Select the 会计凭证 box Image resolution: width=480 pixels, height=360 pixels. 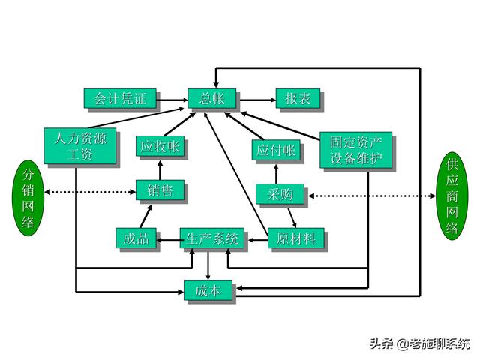click(120, 98)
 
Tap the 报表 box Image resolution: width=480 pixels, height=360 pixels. click(298, 98)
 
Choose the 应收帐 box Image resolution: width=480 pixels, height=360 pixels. click(160, 147)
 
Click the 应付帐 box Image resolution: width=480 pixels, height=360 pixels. click(275, 150)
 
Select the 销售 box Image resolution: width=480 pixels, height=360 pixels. click(160, 191)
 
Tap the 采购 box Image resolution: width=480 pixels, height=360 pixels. click(280, 194)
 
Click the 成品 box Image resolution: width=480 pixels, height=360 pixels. click(136, 239)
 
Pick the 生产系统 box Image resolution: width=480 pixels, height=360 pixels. click(212, 239)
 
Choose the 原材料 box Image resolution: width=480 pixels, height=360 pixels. click(295, 239)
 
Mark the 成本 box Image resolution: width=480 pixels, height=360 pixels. click(208, 289)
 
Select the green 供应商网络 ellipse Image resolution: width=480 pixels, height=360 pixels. click(451, 196)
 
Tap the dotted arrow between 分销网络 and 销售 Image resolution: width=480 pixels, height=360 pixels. click(90, 192)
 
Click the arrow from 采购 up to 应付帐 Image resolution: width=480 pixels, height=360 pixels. click(275, 172)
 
